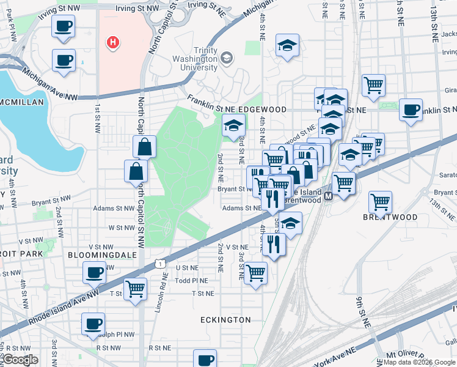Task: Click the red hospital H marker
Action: pos(112,42)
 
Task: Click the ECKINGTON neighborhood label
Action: pos(225,320)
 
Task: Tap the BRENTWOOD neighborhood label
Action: pos(390,217)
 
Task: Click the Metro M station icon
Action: pos(328,196)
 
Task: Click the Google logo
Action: pos(20,360)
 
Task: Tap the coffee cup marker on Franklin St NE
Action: pos(411,109)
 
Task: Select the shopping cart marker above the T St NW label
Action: pos(136,287)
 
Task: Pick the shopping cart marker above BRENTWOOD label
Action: pos(381,201)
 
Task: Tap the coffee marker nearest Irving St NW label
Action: pos(64,26)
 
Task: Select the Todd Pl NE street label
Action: pos(191,281)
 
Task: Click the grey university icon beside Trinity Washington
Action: pos(227,58)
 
